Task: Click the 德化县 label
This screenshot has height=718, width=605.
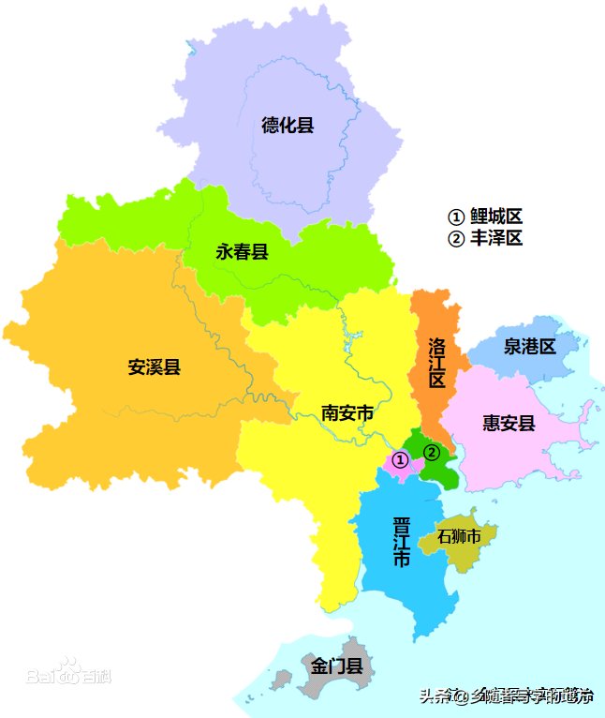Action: (x=288, y=125)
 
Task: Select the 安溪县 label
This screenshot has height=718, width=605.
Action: (x=154, y=366)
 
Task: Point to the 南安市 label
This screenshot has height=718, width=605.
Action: (x=347, y=412)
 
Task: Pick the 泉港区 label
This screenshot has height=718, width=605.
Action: (x=529, y=346)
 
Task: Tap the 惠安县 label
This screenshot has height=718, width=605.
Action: (x=509, y=423)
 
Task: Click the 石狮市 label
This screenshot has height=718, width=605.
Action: (x=459, y=537)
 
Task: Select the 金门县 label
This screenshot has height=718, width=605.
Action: (x=336, y=666)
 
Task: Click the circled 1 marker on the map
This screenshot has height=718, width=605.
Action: (x=400, y=459)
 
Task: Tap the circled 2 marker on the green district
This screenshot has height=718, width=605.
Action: (x=431, y=452)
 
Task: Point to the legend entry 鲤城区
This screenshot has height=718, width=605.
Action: (x=484, y=217)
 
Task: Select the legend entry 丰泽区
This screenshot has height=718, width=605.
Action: (x=484, y=238)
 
